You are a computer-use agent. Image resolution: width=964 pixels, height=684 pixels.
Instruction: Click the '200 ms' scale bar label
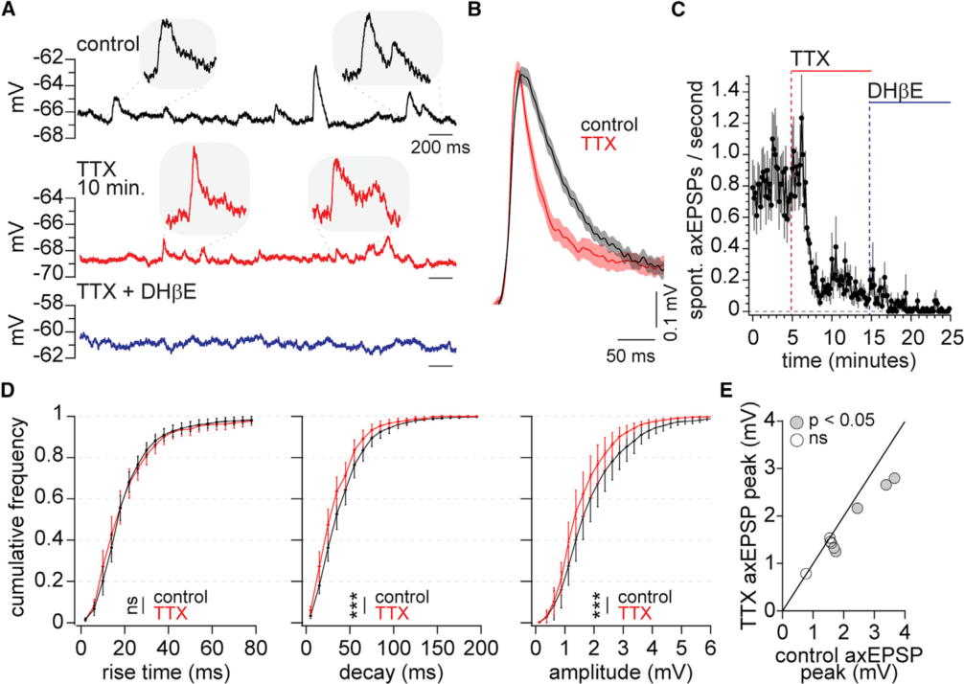tap(434, 148)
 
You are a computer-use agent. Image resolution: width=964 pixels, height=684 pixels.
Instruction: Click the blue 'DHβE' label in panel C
tap(895, 91)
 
